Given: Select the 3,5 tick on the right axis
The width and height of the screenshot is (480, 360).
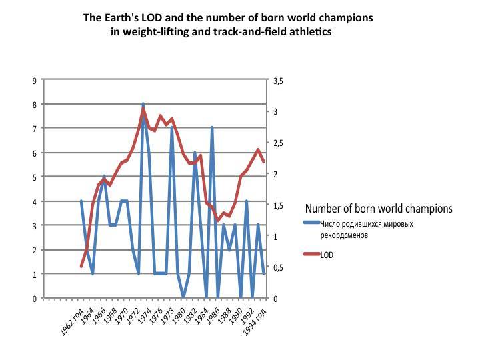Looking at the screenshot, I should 279,80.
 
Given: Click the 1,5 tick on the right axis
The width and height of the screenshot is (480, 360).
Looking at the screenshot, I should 279,205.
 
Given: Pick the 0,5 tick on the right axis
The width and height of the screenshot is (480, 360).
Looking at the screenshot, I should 279,268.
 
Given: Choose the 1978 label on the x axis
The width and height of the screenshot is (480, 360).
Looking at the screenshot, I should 169,318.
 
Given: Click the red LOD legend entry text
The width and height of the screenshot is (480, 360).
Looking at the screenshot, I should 327,254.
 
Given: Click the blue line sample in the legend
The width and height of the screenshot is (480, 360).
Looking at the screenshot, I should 311,224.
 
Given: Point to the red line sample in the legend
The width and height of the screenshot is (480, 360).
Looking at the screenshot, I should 311,254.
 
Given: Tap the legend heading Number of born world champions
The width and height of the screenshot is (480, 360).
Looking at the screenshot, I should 378,209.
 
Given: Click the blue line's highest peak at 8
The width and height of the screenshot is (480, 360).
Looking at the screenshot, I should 143,104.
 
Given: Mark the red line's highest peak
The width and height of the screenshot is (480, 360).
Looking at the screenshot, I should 143,109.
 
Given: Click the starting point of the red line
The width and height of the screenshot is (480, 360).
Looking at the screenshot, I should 81,267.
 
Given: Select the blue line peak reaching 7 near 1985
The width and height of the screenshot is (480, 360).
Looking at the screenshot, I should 212,128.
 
